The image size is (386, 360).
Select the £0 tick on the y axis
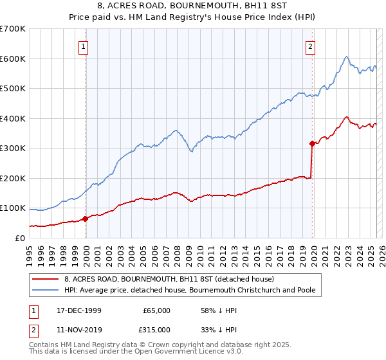pyautogui.click(x=21, y=238)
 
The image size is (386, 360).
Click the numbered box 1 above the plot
pyautogui.click(x=85, y=46)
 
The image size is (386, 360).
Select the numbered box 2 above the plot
pyautogui.click(x=310, y=46)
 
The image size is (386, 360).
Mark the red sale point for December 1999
pyautogui.click(x=85, y=219)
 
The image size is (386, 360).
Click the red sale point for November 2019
pyautogui.click(x=312, y=143)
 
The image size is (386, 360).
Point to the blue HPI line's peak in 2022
pyautogui.click(x=346, y=57)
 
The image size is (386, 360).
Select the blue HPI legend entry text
pyautogui.click(x=190, y=291)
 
